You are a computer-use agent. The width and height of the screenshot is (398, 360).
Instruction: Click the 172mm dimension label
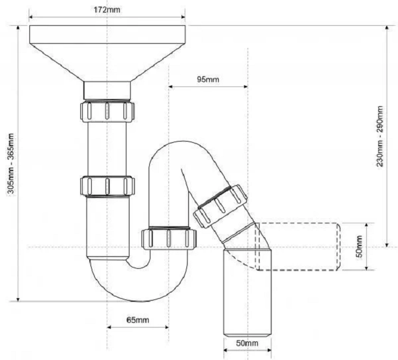107,10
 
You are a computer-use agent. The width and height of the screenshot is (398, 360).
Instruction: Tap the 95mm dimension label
208,80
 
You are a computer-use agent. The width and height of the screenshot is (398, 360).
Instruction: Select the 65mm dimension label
138,320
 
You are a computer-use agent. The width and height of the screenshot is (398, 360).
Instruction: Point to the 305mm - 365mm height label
10,163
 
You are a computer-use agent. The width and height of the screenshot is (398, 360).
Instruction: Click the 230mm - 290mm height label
380,136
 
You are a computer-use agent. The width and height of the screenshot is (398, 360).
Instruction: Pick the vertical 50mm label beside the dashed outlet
360,247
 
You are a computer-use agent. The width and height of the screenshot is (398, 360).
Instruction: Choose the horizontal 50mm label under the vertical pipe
247,343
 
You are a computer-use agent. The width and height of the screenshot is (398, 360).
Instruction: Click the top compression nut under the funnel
107,111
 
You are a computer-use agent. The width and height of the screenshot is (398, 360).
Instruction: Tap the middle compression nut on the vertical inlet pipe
107,186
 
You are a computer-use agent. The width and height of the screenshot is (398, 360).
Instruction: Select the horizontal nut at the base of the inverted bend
169,239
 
